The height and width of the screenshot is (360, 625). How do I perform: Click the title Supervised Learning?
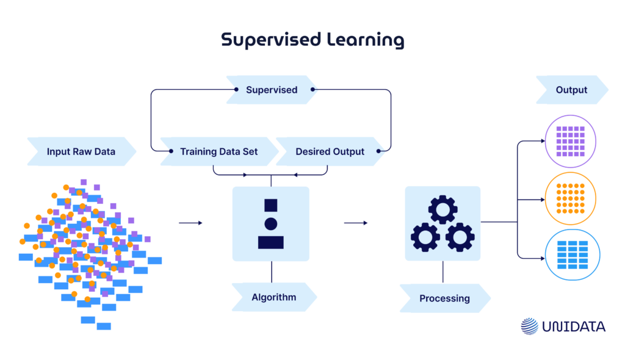click(312, 40)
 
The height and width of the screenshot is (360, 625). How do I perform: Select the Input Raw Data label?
click(81, 151)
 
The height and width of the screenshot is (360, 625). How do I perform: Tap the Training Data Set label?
click(219, 151)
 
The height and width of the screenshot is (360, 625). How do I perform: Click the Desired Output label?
click(330, 151)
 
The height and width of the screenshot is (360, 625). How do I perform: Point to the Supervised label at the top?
click(272, 90)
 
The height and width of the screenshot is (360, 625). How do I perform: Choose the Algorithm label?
click(273, 297)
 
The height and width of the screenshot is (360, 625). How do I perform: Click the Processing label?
click(444, 298)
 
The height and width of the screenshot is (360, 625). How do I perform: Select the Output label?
click(571, 90)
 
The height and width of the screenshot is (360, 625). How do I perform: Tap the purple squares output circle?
click(570, 142)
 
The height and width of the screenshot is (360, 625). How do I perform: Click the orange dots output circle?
click(570, 198)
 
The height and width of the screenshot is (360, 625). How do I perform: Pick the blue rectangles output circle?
click(570, 255)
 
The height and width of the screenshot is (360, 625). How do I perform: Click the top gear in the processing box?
click(443, 210)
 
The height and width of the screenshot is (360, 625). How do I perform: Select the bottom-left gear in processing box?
click(425, 237)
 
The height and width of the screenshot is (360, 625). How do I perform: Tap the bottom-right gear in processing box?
click(460, 237)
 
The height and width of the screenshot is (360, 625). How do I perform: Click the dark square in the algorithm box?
click(270, 206)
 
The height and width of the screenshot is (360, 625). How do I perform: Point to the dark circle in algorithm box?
click(270, 224)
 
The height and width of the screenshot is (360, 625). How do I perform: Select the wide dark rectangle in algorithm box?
click(270, 242)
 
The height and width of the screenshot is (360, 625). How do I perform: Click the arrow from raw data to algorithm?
click(190, 223)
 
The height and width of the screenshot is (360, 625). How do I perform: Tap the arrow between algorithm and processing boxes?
click(356, 223)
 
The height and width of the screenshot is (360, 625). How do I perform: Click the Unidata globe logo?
click(529, 326)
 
